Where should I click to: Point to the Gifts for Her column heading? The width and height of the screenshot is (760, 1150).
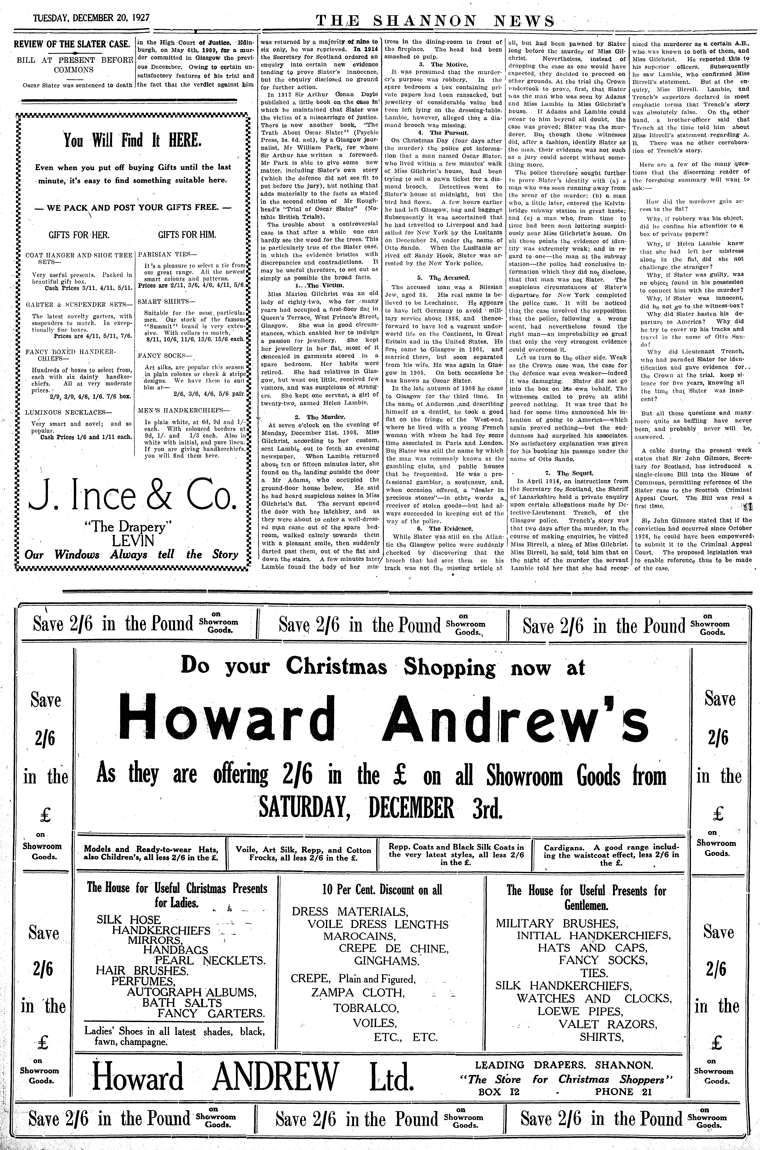[x=79, y=235]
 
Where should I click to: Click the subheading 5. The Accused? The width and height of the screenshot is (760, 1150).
[x=444, y=277]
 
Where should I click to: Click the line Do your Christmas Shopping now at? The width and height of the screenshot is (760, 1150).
[x=383, y=668]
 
